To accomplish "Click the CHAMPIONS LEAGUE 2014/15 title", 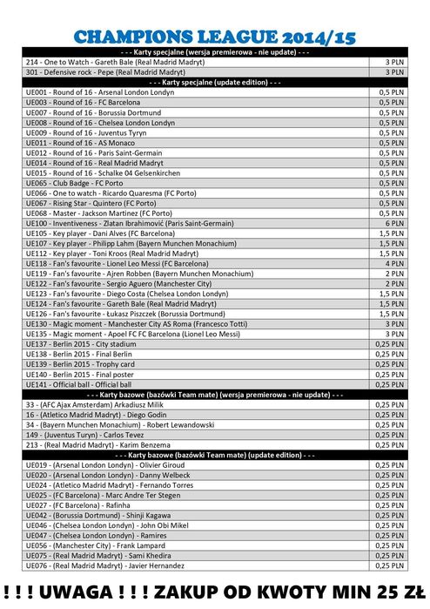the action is click(x=215, y=37).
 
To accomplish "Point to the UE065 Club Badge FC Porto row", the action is click(x=86, y=183).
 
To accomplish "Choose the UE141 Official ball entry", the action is click(x=78, y=384).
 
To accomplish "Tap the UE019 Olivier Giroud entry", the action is click(x=105, y=465).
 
